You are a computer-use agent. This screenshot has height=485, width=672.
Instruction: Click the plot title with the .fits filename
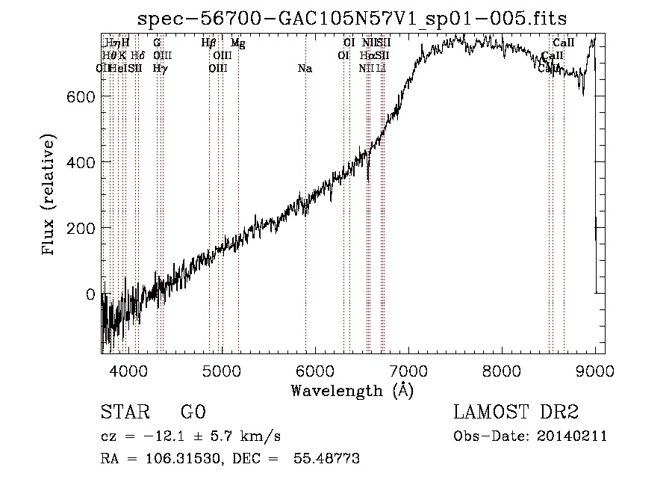tap(352, 18)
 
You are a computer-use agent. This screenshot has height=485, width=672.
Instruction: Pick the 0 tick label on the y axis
tap(90, 294)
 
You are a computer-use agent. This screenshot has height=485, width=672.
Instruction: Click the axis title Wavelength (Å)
tap(352, 390)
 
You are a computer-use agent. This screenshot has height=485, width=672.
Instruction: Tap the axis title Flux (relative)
tap(50, 195)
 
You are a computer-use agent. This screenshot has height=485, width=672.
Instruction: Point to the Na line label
tap(305, 69)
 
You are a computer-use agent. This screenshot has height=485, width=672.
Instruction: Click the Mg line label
tap(237, 43)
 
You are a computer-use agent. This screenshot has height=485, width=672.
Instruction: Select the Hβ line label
tap(209, 43)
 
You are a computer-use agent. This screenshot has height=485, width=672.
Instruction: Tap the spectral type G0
tap(193, 413)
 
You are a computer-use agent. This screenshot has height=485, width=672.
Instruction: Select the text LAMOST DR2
tap(515, 413)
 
